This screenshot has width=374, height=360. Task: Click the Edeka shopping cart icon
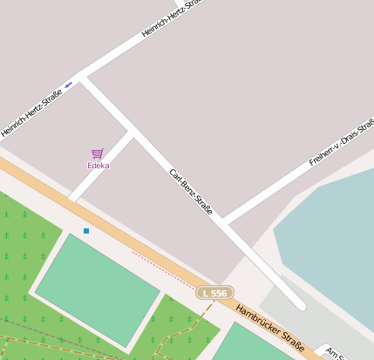[x=98, y=153]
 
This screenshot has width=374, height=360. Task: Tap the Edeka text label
[x=98, y=166]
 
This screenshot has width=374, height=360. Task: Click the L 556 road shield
[x=214, y=294]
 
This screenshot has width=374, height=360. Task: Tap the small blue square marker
[x=86, y=230]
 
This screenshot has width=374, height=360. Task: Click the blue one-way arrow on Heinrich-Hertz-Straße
[x=69, y=85]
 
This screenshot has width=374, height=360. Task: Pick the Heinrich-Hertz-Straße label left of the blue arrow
[x=31, y=112]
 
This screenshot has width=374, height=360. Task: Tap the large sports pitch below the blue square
[x=98, y=288]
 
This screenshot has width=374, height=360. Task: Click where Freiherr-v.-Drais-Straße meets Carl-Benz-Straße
[x=223, y=222]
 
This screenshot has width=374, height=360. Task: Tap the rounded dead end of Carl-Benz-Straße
[x=300, y=305]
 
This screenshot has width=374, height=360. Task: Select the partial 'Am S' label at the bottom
[x=337, y=353]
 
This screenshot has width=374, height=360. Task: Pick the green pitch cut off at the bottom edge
[x=253, y=345]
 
